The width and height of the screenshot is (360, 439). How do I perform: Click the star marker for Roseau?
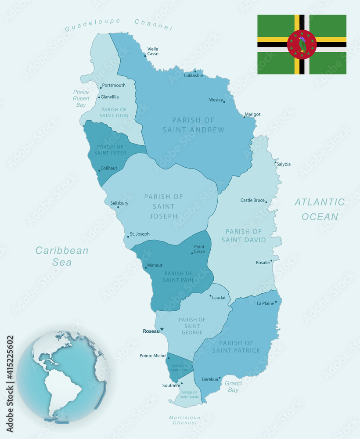(162, 329)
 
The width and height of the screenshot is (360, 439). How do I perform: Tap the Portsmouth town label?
(113, 85)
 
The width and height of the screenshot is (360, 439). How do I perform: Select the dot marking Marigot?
(244, 117)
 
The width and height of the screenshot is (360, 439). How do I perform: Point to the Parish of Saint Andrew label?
(193, 125)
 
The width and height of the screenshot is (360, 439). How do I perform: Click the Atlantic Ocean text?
(319, 209)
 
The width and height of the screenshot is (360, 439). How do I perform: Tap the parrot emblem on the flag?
(302, 44)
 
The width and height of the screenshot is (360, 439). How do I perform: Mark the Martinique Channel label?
(185, 420)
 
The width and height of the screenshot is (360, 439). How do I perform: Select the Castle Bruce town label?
(252, 200)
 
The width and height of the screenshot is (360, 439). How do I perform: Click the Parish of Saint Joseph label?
(163, 206)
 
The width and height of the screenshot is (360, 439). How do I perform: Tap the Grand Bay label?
(233, 386)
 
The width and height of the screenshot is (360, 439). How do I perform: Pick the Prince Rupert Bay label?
(81, 98)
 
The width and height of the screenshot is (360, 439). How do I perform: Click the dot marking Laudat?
(210, 296)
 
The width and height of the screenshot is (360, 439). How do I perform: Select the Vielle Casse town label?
(153, 51)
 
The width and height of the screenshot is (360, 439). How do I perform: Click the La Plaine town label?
(265, 303)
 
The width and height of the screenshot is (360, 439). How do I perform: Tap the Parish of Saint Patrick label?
(236, 346)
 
